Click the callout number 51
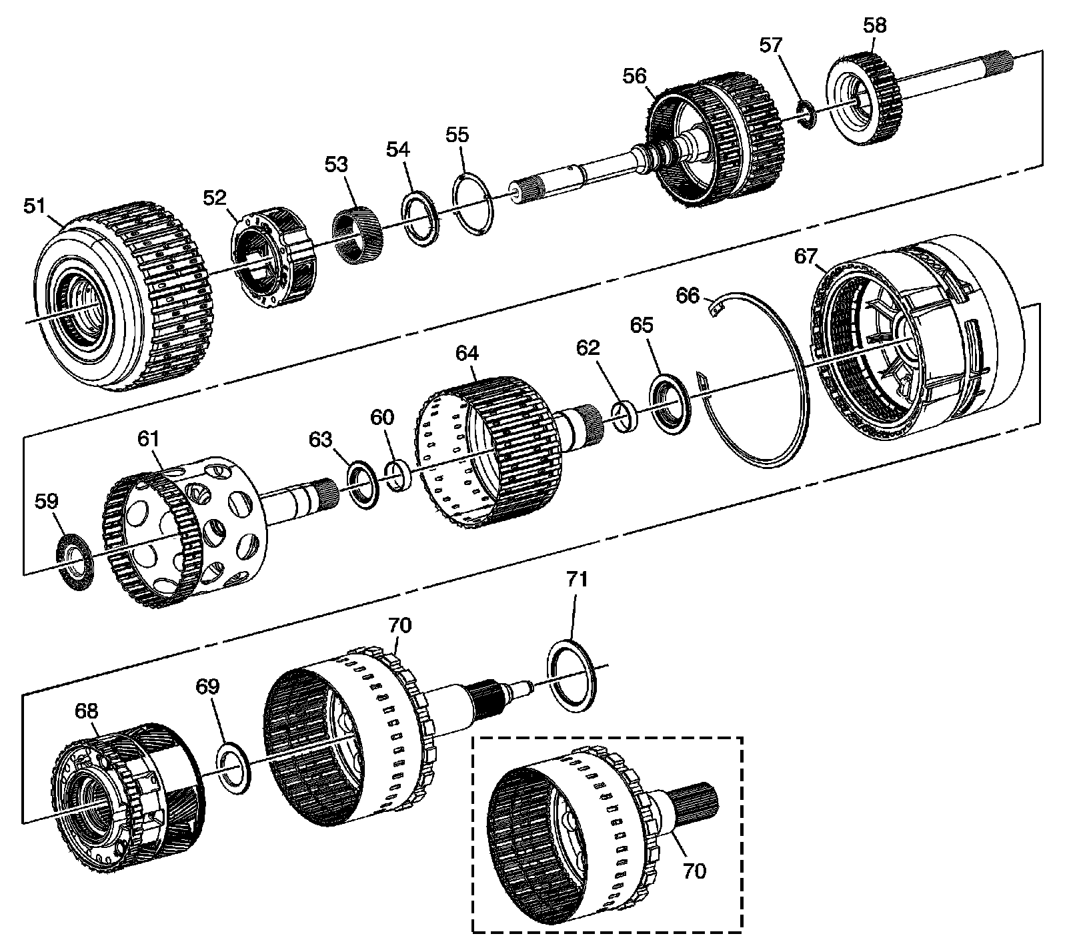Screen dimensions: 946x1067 35,206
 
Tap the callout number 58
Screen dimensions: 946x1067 875,26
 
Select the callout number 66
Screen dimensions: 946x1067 688,294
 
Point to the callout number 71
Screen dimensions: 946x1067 577,579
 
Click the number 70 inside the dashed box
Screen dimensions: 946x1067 694,871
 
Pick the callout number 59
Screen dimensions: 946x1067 47,501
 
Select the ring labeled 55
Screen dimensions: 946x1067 473,204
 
